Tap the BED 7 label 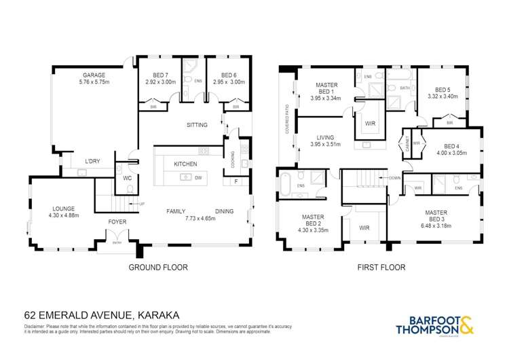point(160,75)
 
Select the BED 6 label point(226,75)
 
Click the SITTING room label point(197,125)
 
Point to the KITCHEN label point(185,164)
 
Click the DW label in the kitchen point(197,177)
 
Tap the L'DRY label point(92,161)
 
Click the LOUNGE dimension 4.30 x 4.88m point(61,216)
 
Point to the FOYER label point(117,222)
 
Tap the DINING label point(224,211)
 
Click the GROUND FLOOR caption point(158,268)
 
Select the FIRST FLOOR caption point(381,268)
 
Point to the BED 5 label point(442,90)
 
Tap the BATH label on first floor point(404,88)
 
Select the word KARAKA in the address point(160,315)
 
